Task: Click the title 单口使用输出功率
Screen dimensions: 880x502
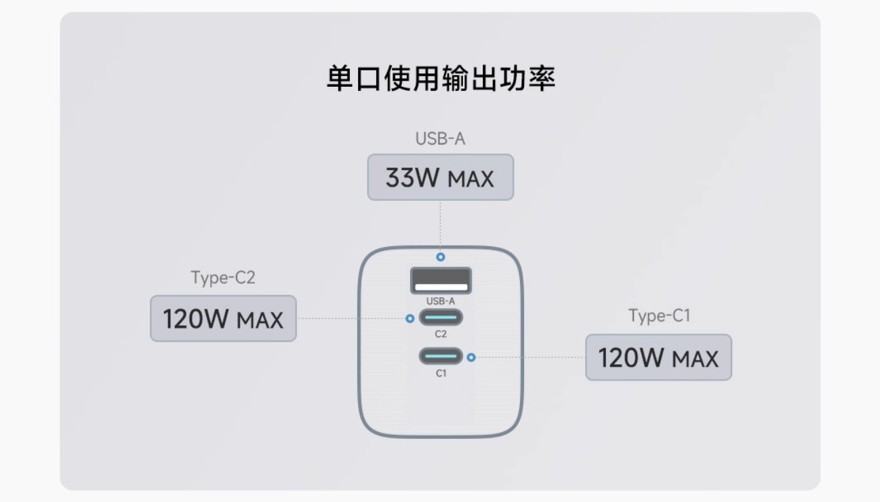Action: [x=441, y=79]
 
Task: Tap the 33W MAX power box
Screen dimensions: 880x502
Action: [x=441, y=177]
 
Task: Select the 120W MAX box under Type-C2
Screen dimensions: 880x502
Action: [x=223, y=318]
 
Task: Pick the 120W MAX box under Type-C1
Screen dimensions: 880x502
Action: [x=658, y=358]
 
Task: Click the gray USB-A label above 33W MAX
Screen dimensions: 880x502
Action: [x=441, y=139]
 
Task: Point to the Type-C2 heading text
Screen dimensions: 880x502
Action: [x=223, y=277]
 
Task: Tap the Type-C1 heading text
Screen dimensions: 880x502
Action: [x=659, y=315]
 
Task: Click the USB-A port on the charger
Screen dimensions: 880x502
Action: [x=441, y=281]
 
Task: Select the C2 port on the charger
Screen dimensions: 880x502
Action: [x=441, y=317]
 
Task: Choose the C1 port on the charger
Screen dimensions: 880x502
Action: [x=441, y=356]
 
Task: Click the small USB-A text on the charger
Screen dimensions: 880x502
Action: [x=441, y=301]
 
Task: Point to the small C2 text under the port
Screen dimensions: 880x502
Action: [x=441, y=334]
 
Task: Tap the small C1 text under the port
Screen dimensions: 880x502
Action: [x=441, y=373]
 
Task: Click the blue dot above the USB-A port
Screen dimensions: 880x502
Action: [x=441, y=257]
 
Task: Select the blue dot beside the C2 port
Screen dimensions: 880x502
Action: [x=409, y=318]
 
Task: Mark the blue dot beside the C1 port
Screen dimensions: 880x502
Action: [x=471, y=358]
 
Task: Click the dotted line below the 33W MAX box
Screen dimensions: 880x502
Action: [x=441, y=227]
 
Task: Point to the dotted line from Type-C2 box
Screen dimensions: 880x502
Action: [x=351, y=318]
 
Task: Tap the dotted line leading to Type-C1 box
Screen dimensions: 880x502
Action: [x=530, y=358]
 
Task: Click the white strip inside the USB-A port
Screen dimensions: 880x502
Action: [x=441, y=288]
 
